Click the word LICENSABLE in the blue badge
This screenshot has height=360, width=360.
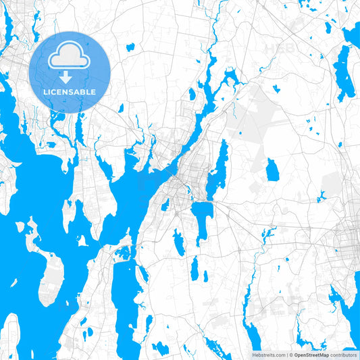(70, 92)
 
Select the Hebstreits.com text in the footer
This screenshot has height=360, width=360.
(268, 355)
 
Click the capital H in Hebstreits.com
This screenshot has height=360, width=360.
(253, 355)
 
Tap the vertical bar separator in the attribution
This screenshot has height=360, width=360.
(286, 355)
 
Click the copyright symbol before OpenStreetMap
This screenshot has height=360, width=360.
(290, 355)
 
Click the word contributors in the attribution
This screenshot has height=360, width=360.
(344, 355)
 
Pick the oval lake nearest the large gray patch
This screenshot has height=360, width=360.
(272, 170)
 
